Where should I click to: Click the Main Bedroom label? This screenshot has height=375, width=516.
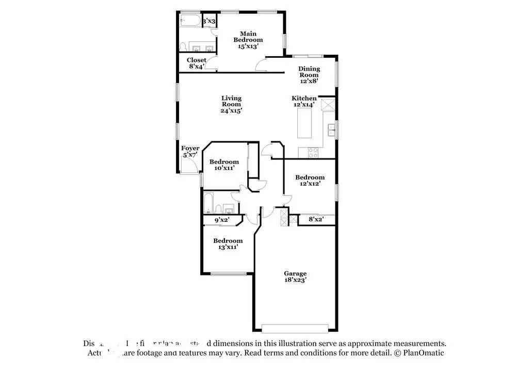coord(248,40)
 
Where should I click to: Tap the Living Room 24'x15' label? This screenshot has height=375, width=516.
coord(232,104)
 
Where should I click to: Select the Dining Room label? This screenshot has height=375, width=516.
coord(309,74)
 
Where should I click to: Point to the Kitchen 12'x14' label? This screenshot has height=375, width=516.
coord(304,101)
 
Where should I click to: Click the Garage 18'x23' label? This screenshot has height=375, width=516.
coord(295,276)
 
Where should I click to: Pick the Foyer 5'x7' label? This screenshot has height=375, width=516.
coord(190,151)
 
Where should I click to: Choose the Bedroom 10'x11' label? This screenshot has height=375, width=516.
coord(224,165)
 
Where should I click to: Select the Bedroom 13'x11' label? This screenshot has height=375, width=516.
coord(228,243)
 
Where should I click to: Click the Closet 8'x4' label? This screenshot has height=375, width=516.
coord(197,63)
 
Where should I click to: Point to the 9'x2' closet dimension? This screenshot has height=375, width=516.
coord(222,220)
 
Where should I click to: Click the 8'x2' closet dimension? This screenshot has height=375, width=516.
coord(315,220)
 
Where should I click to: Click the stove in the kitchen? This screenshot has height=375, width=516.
coord(313,152)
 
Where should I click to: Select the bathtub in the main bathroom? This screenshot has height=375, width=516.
coord(189,22)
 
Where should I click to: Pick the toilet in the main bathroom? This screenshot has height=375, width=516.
coord(183,46)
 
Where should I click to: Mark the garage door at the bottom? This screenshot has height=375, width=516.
coord(295,328)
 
